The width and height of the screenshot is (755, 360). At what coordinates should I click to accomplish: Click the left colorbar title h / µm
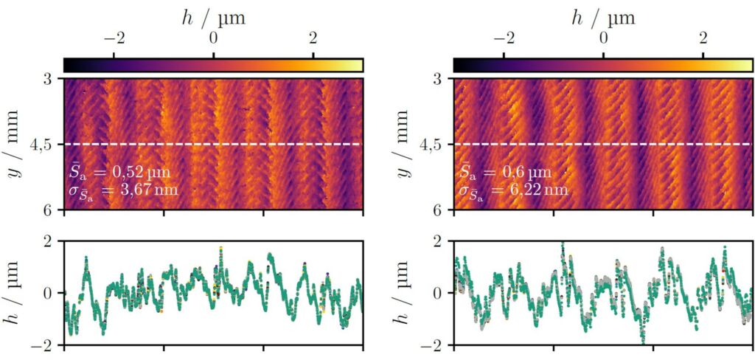[213, 18]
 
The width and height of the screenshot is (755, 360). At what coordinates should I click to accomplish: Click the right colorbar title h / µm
[603, 18]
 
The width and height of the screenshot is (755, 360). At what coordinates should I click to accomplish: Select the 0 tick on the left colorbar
[214, 38]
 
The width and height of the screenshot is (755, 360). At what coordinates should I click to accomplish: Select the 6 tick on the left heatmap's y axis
[48, 211]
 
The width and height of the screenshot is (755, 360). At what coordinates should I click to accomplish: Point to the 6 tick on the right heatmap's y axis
[437, 211]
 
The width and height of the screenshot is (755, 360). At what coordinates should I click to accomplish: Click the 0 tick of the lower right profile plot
[437, 293]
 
